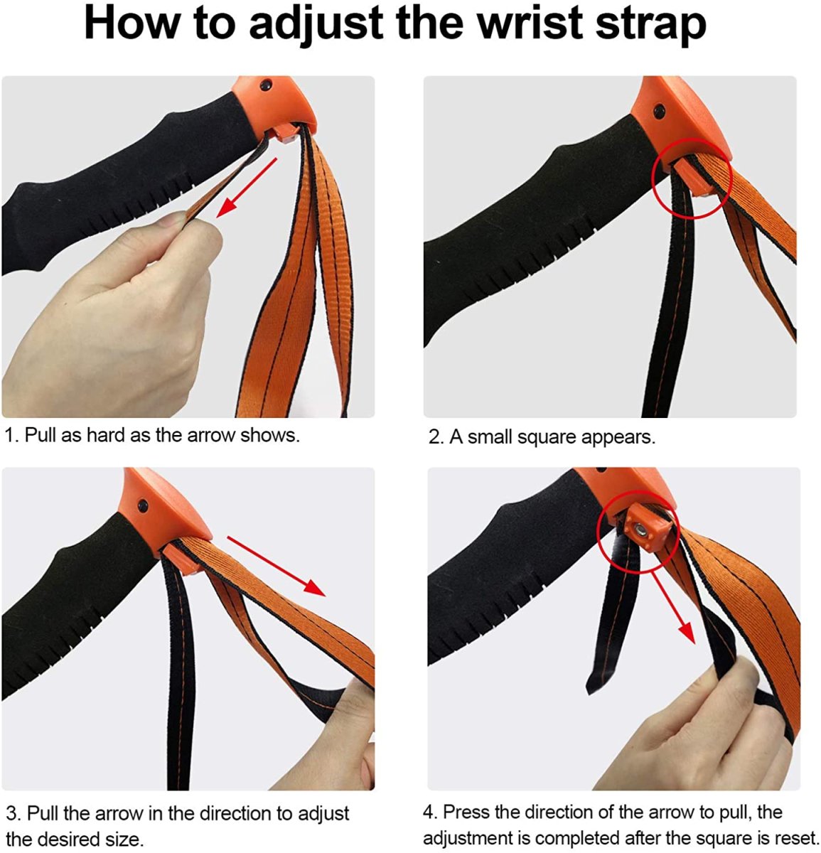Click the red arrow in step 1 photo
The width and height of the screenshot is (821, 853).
click(x=247, y=187)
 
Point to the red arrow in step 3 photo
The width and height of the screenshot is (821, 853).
click(x=276, y=566)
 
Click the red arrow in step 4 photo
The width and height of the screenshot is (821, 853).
click(x=673, y=607)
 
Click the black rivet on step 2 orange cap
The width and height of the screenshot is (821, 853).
click(x=658, y=112)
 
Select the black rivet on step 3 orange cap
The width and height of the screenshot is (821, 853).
click(x=142, y=505)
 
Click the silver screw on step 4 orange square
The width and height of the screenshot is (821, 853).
click(x=642, y=531)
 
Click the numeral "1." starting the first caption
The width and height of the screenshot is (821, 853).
click(x=12, y=435)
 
